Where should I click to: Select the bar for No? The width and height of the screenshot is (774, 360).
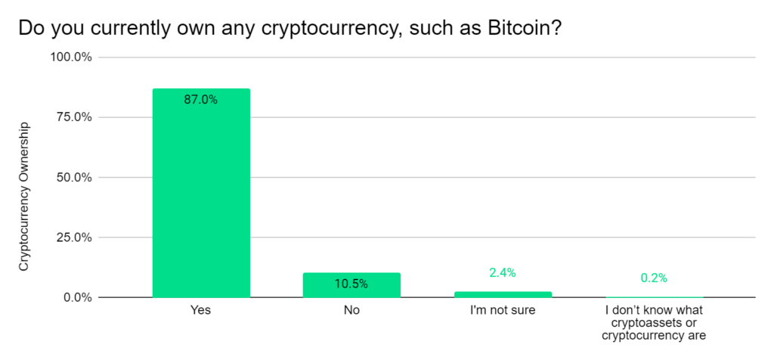pyautogui.click(x=351, y=285)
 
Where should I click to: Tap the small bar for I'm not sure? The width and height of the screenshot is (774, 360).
pyautogui.click(x=503, y=294)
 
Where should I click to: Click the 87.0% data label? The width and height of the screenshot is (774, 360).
pyautogui.click(x=201, y=99)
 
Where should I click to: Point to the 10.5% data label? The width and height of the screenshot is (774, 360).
pyautogui.click(x=351, y=284)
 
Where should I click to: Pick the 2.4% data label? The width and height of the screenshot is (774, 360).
pyautogui.click(x=502, y=272)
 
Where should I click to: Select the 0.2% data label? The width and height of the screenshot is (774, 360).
pyautogui.click(x=654, y=278)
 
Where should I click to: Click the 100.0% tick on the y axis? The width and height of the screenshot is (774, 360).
pyautogui.click(x=70, y=57)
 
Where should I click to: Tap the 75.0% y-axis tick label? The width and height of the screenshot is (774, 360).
pyautogui.click(x=73, y=117)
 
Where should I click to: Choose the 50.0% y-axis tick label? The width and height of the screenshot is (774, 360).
pyautogui.click(x=73, y=178)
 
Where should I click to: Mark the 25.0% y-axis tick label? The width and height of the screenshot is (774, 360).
pyautogui.click(x=73, y=237)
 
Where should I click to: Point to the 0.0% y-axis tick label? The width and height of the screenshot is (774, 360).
pyautogui.click(x=76, y=297)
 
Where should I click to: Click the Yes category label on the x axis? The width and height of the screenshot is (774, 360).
pyautogui.click(x=201, y=310)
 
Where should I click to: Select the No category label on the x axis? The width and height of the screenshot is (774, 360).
pyautogui.click(x=351, y=310)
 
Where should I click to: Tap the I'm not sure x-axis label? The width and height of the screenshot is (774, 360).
pyautogui.click(x=503, y=310)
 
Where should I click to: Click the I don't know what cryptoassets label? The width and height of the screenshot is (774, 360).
pyautogui.click(x=654, y=322)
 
